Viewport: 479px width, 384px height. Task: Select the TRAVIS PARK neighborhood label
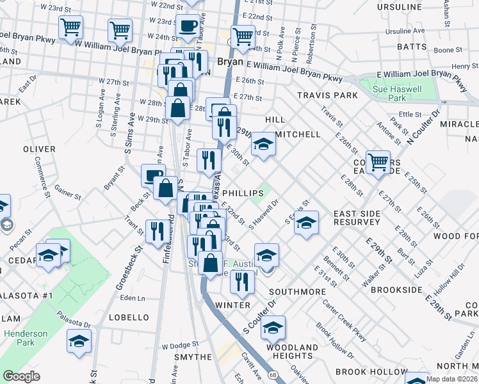pyautogui.click(x=327, y=95)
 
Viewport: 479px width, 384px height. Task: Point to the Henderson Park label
pyautogui.click(x=26, y=338)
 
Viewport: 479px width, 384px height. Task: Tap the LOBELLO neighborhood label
pyautogui.click(x=129, y=317)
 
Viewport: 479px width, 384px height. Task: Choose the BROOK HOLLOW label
pyautogui.click(x=371, y=372)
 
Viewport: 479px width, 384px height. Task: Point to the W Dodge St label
pyautogui.click(x=177, y=346)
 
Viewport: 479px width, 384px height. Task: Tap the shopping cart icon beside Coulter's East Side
pyautogui.click(x=378, y=161)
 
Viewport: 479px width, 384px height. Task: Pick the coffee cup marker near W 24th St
pyautogui.click(x=187, y=26)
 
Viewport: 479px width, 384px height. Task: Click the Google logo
pyautogui.click(x=22, y=376)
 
